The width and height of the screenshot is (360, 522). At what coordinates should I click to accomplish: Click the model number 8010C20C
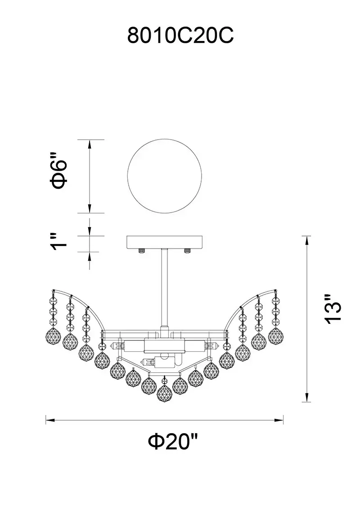pyautogui.click(x=180, y=36)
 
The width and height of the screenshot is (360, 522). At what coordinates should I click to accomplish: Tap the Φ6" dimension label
pyautogui.click(x=58, y=171)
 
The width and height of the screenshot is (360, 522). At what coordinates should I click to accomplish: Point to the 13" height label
pyautogui.click(x=333, y=309)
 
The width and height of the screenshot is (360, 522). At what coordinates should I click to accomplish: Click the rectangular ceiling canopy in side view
pyautogui.click(x=164, y=242)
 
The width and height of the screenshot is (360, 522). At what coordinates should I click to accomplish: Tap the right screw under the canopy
pyautogui.click(x=187, y=250)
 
